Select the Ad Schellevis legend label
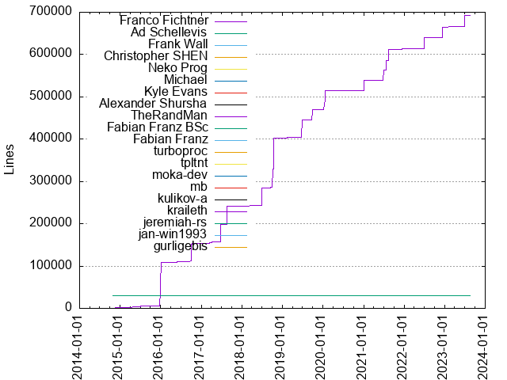point(169,32)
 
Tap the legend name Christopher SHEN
point(156,56)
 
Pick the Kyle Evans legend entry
point(175,92)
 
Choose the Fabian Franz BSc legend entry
point(157,127)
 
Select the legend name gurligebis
point(180,246)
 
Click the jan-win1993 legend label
point(172,234)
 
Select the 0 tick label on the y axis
point(69,308)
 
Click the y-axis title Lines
point(10,160)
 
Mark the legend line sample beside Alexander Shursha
point(231,104)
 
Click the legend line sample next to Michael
point(231,80)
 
